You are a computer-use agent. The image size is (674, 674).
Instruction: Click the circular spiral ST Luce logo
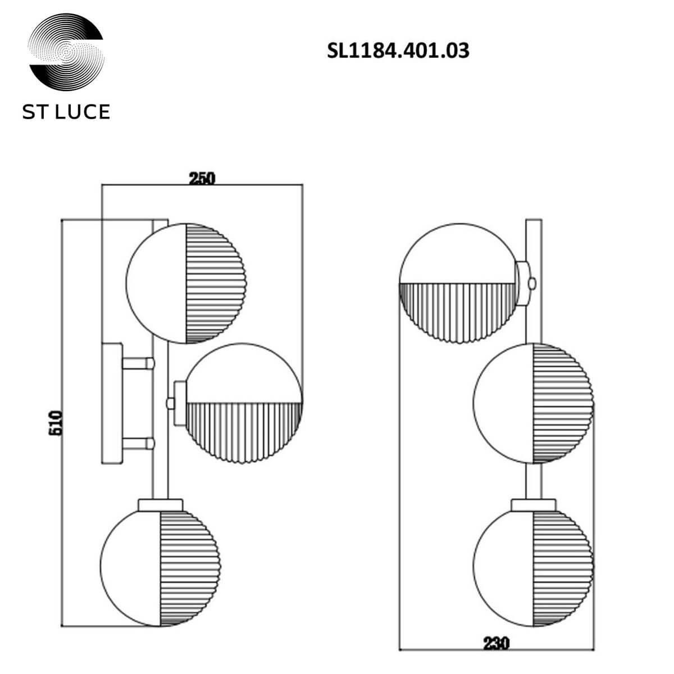[x=66, y=54]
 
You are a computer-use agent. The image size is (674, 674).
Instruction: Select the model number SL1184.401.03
[x=398, y=51]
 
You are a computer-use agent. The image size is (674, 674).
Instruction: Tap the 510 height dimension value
[x=56, y=422]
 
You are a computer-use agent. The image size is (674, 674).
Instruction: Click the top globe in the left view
[x=186, y=283]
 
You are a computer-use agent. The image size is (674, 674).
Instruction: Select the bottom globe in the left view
[x=160, y=562]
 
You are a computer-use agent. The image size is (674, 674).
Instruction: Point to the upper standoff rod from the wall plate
[x=138, y=363]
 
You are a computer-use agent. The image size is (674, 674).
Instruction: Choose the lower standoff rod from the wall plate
[x=138, y=444]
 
